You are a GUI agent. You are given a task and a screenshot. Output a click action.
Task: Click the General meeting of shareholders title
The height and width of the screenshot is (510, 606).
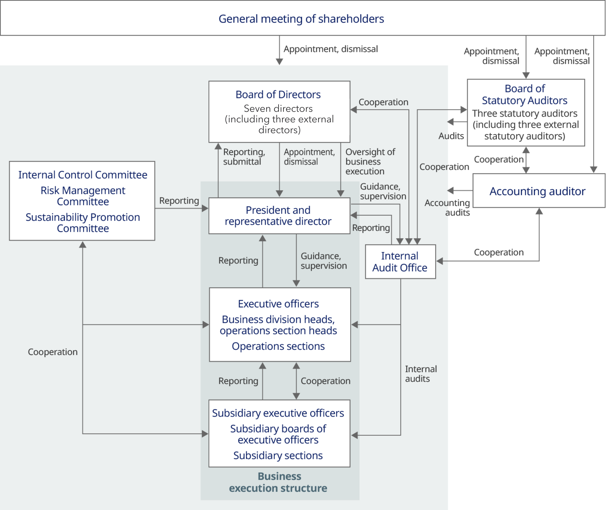(301, 19)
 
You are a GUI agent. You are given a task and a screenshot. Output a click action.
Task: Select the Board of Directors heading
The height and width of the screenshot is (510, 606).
(278, 94)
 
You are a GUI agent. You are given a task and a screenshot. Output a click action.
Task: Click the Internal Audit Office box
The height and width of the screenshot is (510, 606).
(400, 262)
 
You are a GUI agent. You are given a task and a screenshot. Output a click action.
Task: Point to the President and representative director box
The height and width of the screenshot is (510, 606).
(278, 216)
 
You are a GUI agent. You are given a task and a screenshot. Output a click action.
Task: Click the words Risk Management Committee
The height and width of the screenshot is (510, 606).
(83, 196)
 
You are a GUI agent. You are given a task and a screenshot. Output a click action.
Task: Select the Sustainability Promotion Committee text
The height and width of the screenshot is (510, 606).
(83, 223)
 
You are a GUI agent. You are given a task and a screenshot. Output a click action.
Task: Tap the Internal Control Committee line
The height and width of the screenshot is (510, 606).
(83, 175)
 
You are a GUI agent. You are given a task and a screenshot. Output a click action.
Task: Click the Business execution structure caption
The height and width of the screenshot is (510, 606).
(278, 482)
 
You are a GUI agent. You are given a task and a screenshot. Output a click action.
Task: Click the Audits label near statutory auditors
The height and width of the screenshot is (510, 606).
(451, 136)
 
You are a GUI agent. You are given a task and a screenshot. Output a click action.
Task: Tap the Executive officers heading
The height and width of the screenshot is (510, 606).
(278, 304)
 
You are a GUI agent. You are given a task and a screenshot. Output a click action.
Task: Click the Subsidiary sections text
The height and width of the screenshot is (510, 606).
(278, 455)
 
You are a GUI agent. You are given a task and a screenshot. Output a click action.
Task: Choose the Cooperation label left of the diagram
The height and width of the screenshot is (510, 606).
(53, 352)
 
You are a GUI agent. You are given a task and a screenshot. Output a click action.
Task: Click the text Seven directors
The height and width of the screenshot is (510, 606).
(278, 108)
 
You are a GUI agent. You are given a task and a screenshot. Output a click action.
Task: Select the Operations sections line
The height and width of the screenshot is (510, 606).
(278, 346)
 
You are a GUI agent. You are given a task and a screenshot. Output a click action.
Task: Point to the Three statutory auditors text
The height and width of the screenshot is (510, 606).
(525, 113)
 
